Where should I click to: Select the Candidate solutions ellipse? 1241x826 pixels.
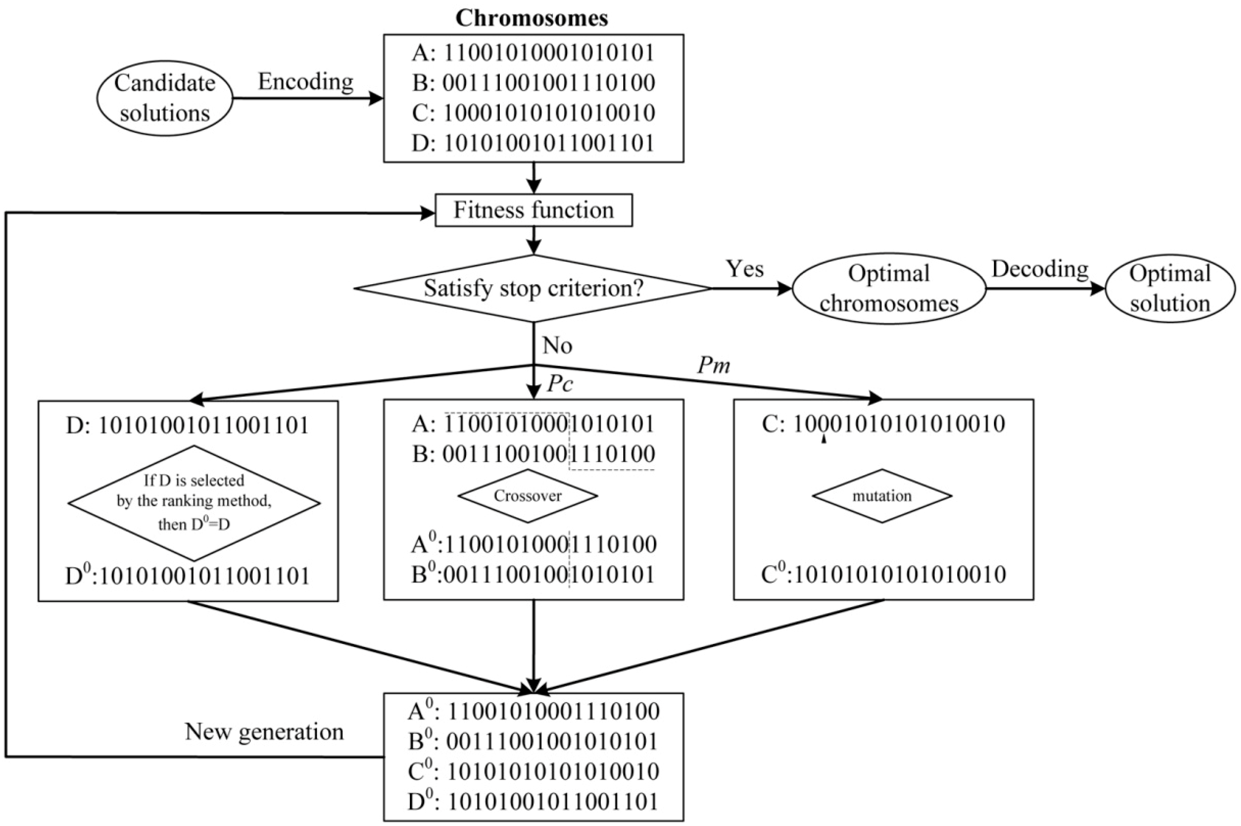pos(165,98)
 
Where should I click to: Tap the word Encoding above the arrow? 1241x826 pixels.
pos(305,82)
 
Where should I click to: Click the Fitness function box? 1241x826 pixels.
pos(533,210)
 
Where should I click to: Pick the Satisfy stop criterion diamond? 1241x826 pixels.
pos(533,288)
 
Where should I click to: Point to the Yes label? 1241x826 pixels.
pos(745,269)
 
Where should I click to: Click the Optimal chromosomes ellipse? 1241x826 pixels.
pos(888,289)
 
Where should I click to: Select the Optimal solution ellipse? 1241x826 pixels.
pos(1169,289)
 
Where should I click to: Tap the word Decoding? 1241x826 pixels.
pos(1040,269)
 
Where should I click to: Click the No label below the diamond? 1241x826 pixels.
pos(557,346)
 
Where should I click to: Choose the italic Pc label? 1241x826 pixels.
pos(560,385)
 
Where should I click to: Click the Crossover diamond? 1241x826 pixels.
pos(527,496)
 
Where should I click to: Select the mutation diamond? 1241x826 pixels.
pos(882,496)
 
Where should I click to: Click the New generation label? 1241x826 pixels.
pos(264,732)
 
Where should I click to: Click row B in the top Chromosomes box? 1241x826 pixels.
pos(533,83)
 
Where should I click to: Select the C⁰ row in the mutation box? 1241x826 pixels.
pos(883,575)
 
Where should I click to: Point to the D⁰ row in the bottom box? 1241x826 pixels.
pos(533,801)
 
